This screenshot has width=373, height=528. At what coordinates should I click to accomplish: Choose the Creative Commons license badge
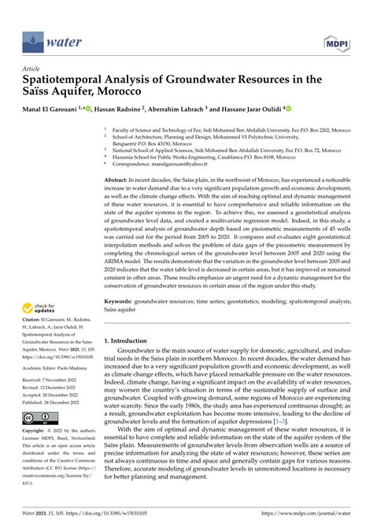point(38,418)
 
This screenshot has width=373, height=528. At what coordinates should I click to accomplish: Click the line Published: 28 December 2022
point(55,402)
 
